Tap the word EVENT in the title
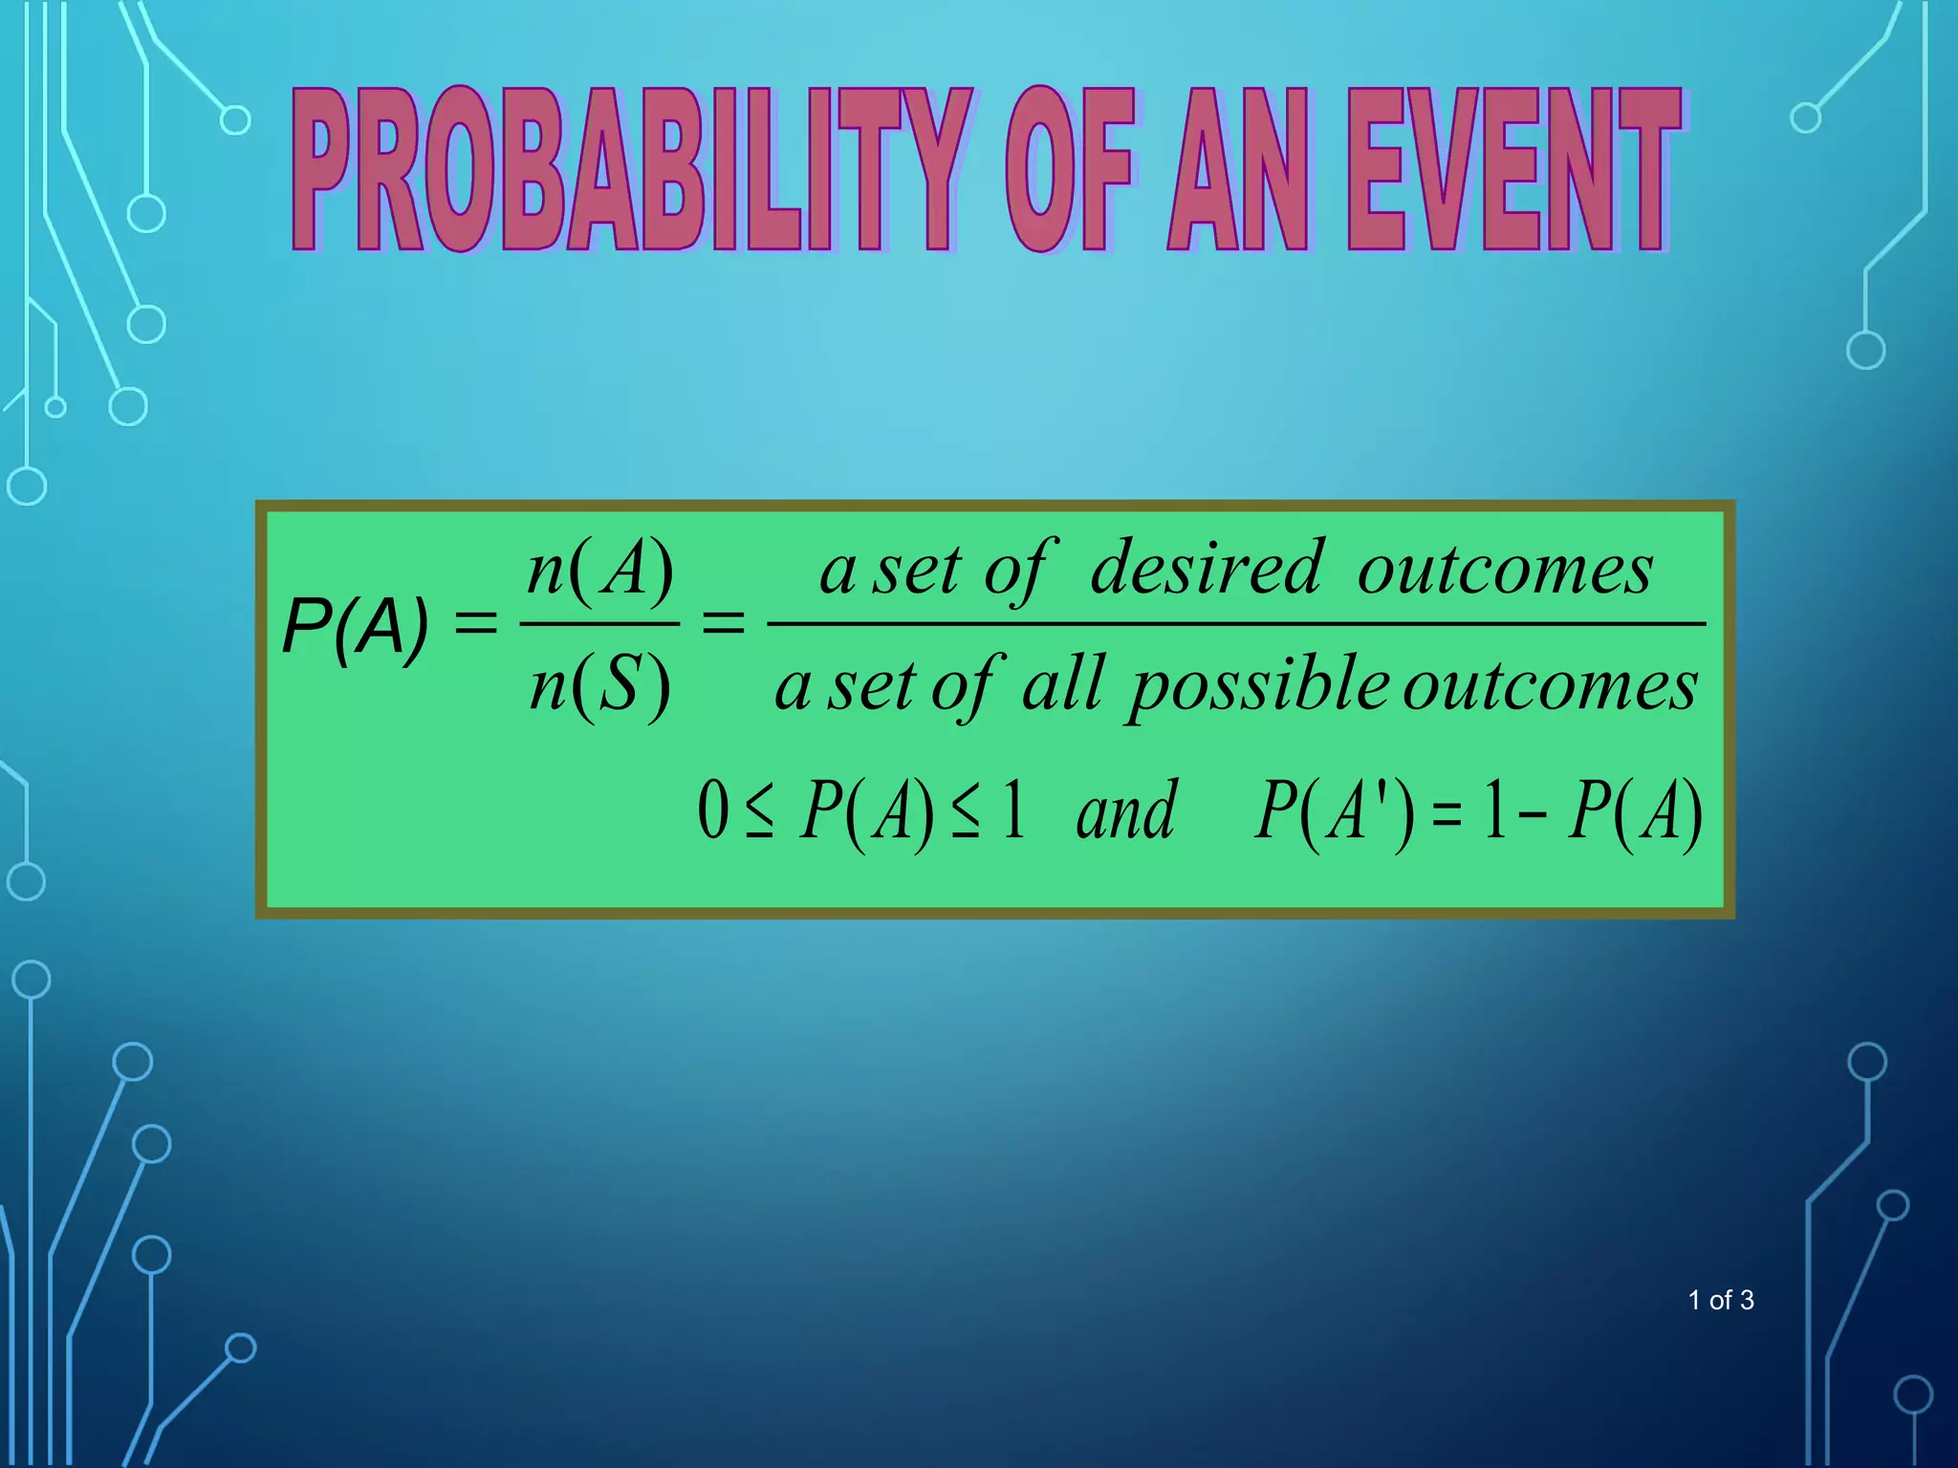pyautogui.click(x=1515, y=170)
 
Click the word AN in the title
pyautogui.click(x=1238, y=170)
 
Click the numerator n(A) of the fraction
pyautogui.click(x=600, y=571)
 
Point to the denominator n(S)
pyautogui.click(x=600, y=685)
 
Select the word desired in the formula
pyautogui.click(x=1207, y=569)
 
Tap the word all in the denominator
pyautogui.click(x=1063, y=684)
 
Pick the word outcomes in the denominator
pyautogui.click(x=1550, y=686)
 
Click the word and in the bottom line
pyautogui.click(x=1125, y=810)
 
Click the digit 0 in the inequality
pyautogui.click(x=713, y=810)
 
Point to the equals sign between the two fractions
pyautogui.click(x=723, y=625)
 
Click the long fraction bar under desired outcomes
pyautogui.click(x=1236, y=624)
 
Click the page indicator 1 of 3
pyautogui.click(x=1720, y=1300)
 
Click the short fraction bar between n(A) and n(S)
pyautogui.click(x=599, y=624)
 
